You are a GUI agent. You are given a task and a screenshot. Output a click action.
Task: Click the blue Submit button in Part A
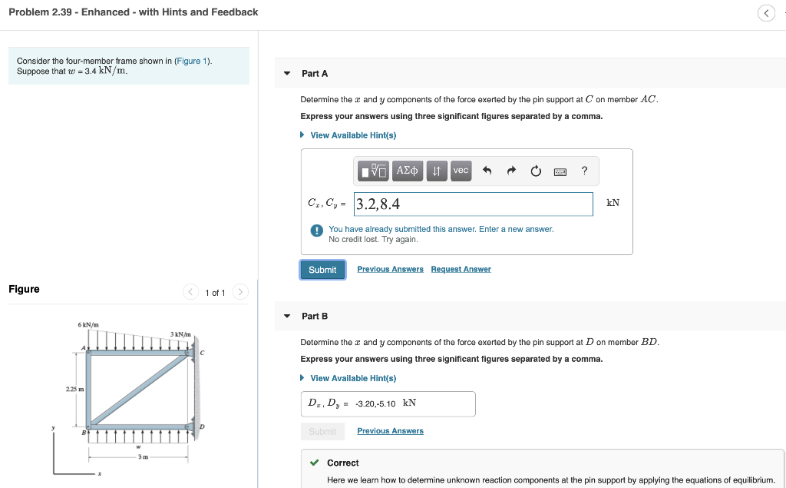point(322,270)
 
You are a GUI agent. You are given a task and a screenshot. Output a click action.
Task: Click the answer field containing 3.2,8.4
point(473,204)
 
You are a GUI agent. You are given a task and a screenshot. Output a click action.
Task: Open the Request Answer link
point(461,269)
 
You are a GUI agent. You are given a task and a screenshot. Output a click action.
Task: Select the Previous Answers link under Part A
point(390,269)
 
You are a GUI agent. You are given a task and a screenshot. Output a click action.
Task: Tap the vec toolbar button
point(461,171)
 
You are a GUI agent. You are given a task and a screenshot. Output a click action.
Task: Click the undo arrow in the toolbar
point(487,171)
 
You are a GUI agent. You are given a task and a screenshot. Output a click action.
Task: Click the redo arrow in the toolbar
point(511,171)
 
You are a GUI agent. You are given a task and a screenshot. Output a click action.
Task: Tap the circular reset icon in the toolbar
point(536,171)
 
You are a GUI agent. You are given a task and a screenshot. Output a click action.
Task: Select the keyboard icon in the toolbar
point(560,171)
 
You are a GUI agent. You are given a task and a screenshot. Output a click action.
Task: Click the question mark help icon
point(585,171)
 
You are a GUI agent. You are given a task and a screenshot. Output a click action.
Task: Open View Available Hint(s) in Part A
point(352,135)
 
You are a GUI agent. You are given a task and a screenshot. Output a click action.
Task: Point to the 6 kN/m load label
point(88,324)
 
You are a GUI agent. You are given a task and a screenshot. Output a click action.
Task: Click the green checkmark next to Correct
point(313,463)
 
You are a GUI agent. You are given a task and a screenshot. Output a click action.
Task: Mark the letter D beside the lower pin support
point(202,427)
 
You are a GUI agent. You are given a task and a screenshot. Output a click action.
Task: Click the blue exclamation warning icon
point(316,230)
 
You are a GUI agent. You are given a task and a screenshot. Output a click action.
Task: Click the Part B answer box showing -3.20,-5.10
point(388,403)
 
